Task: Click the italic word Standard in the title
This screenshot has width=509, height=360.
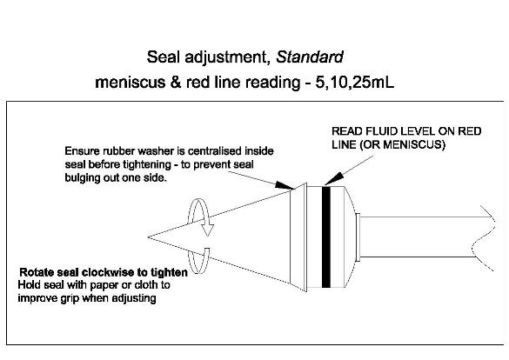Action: pyautogui.click(x=310, y=57)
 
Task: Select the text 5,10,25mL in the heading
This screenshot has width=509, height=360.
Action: pyautogui.click(x=355, y=83)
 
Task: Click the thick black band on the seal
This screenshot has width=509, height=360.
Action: pyautogui.click(x=326, y=237)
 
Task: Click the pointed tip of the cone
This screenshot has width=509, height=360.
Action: pyautogui.click(x=149, y=237)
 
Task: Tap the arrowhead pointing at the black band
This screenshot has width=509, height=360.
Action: pyautogui.click(x=333, y=179)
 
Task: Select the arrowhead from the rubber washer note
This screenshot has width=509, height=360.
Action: pyautogui.click(x=285, y=185)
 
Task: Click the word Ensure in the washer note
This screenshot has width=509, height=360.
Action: pyautogui.click(x=82, y=151)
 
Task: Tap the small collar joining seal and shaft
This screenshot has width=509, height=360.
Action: pyautogui.click(x=358, y=237)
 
